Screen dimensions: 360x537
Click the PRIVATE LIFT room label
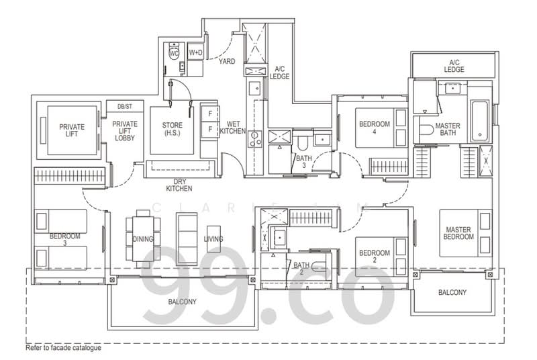pos(71,130)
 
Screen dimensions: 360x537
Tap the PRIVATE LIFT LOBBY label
pos(124,130)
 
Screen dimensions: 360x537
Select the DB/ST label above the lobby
pos(124,107)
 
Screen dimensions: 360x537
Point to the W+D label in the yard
pos(195,52)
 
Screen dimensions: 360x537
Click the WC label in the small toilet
pos(173,52)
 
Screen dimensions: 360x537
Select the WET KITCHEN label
pos(232,128)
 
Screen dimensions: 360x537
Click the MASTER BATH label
pos(447,130)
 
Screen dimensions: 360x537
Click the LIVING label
pos(214,239)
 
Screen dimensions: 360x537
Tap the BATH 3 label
pos(304,162)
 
